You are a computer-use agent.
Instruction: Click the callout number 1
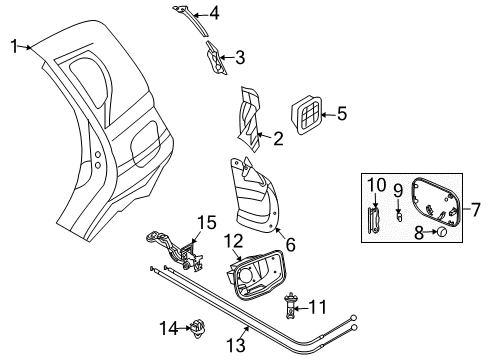(15, 44)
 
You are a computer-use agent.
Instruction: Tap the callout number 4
(214, 14)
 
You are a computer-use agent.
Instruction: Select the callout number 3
(240, 57)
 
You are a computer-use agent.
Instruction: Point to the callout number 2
(280, 136)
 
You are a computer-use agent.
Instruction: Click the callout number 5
(341, 115)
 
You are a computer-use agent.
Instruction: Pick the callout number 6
(291, 241)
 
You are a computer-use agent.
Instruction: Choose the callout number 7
(475, 210)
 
